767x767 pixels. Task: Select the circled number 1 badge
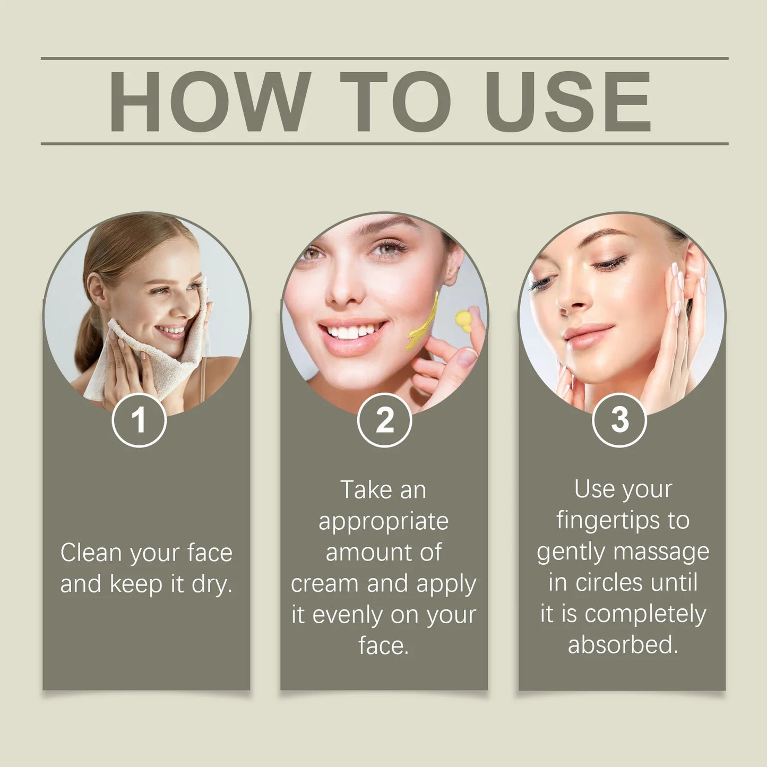tap(139, 420)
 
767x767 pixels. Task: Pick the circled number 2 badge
tap(384, 420)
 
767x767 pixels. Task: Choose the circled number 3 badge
tap(619, 420)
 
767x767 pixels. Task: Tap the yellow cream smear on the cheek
tap(423, 322)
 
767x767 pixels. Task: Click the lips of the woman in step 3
tap(589, 334)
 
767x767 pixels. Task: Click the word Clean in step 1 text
tap(91, 553)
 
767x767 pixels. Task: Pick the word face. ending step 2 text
tap(384, 645)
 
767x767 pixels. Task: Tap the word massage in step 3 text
tap(661, 554)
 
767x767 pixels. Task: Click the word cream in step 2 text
tap(326, 584)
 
